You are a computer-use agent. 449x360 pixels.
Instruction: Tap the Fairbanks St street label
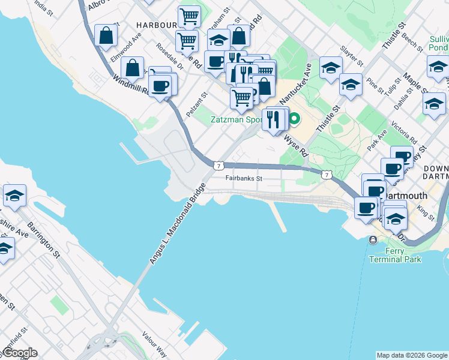tap(244, 178)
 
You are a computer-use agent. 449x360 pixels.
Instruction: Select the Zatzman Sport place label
tap(236, 119)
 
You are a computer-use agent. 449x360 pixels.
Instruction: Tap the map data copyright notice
tap(412, 355)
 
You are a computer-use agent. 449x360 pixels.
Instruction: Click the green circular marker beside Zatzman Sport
tap(294, 119)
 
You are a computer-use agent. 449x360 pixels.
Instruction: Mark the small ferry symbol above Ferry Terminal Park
tap(373, 240)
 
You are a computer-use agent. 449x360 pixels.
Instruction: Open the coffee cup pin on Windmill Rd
tap(159, 86)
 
